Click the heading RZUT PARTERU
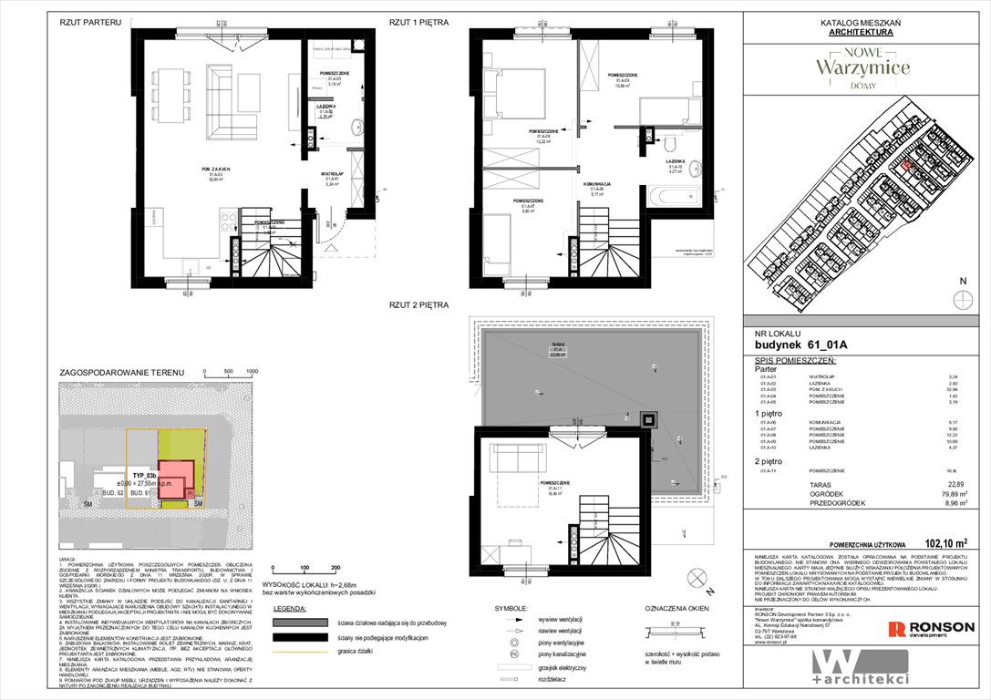(x=90, y=22)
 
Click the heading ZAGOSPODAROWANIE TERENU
(x=121, y=373)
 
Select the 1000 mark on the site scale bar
(x=252, y=372)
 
